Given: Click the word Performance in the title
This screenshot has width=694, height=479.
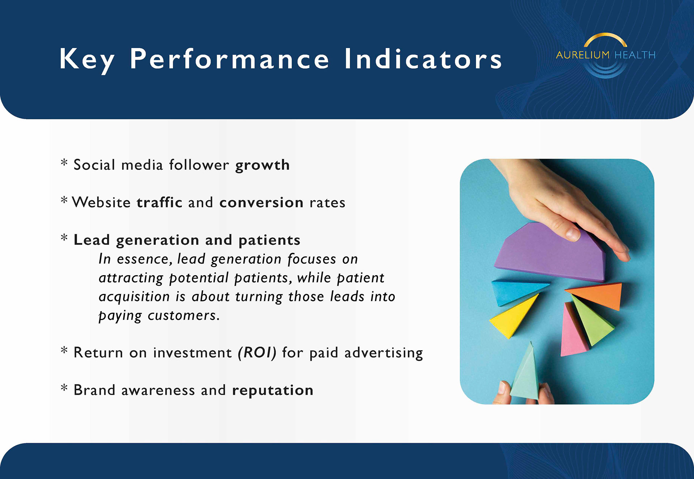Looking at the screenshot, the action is click(x=230, y=59).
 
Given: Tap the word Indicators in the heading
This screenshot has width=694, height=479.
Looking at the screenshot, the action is click(x=423, y=59).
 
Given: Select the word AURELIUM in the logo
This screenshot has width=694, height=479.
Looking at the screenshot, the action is click(x=583, y=55).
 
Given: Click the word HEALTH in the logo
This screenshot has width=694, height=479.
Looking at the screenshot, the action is click(x=635, y=55).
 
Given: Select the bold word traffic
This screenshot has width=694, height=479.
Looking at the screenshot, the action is click(x=159, y=202).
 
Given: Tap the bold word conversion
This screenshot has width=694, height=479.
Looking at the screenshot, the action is click(x=261, y=203).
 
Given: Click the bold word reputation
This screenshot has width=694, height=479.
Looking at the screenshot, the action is click(x=273, y=391).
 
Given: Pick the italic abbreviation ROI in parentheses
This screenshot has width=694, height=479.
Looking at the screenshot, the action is click(x=257, y=352).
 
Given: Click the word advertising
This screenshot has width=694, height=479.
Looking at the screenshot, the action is click(x=384, y=353).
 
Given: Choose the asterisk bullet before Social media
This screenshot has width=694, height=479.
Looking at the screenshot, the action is click(x=64, y=162).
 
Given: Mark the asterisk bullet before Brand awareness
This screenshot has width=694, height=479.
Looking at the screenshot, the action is click(x=64, y=388).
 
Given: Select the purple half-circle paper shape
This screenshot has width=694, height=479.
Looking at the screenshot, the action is click(x=550, y=253).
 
